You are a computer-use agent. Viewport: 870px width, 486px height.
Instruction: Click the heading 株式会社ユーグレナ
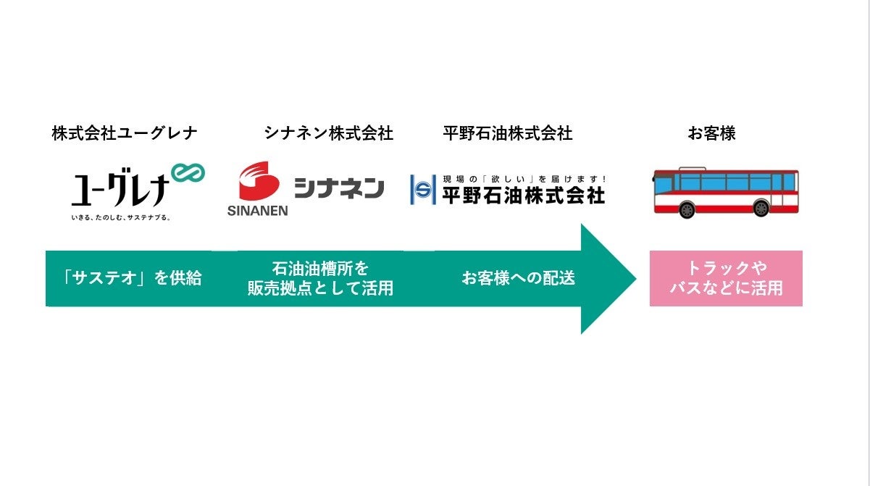[125, 133]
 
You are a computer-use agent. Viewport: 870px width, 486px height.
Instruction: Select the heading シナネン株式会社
[329, 133]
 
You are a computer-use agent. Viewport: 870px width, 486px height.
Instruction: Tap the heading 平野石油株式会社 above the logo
[508, 133]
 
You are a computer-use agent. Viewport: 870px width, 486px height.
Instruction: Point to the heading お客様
[711, 133]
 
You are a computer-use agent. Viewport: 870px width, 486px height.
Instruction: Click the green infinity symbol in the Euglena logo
[188, 174]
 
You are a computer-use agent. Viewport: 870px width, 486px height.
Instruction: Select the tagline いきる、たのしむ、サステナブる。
[120, 217]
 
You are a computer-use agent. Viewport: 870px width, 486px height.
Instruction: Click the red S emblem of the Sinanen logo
[259, 182]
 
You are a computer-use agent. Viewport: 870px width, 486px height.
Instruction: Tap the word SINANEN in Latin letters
[257, 211]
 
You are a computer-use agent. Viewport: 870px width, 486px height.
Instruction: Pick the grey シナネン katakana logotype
[339, 188]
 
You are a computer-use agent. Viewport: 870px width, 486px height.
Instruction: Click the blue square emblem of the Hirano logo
[423, 190]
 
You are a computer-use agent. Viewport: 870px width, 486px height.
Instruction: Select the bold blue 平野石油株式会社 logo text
[523, 195]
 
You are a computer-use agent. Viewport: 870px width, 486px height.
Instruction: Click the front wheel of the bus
[687, 210]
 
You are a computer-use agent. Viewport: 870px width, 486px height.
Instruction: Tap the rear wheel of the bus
[761, 209]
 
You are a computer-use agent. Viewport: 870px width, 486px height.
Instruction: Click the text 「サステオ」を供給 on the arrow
[132, 278]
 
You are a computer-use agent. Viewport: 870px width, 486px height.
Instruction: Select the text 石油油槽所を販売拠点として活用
[320, 278]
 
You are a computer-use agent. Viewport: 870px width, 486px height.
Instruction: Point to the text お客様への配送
[519, 278]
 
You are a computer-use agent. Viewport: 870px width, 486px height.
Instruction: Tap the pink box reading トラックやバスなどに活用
[726, 278]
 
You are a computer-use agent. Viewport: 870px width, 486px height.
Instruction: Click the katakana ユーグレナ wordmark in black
[120, 190]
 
